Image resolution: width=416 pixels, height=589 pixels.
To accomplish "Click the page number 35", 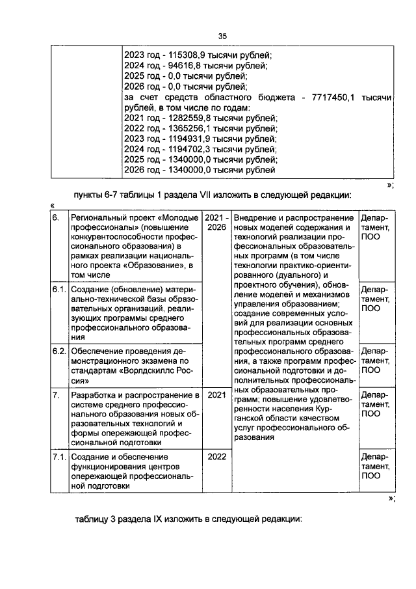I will point(222,36).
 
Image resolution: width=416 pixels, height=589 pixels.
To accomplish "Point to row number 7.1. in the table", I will point(59,457).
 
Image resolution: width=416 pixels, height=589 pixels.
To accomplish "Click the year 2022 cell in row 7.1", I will point(216,457).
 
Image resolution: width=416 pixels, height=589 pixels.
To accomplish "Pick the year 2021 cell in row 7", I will point(216,394).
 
